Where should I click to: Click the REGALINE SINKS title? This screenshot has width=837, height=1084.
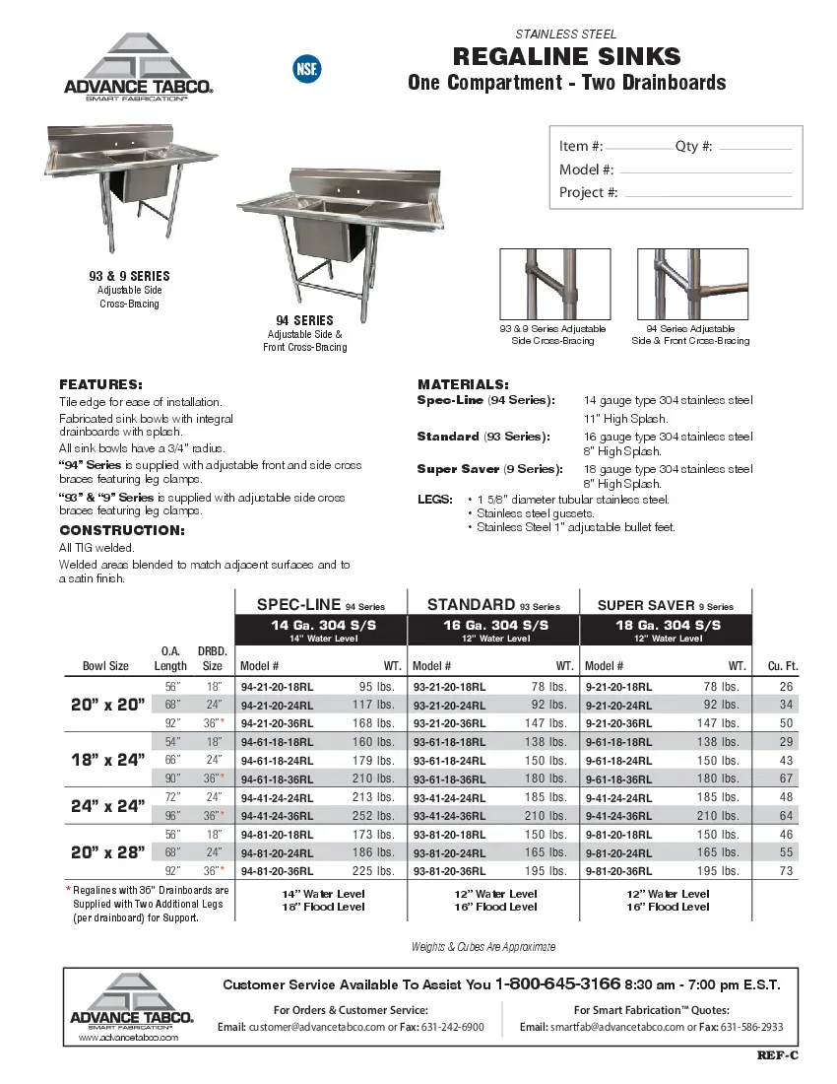(x=566, y=56)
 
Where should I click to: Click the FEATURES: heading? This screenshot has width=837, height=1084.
(x=100, y=384)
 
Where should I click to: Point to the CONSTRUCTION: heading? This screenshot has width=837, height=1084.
(x=122, y=530)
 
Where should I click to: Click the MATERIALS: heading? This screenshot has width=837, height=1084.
(x=463, y=383)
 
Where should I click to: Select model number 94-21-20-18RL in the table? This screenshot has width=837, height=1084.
(x=277, y=687)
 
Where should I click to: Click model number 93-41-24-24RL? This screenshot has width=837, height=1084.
(x=449, y=798)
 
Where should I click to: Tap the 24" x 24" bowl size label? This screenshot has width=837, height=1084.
(x=107, y=806)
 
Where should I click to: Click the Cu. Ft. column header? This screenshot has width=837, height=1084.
(x=782, y=666)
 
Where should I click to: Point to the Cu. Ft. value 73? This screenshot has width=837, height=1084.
(x=786, y=871)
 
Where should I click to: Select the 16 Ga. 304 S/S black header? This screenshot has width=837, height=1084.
(x=494, y=626)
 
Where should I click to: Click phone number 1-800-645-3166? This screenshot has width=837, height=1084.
(x=557, y=983)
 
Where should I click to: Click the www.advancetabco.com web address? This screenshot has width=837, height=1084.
(x=128, y=1038)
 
